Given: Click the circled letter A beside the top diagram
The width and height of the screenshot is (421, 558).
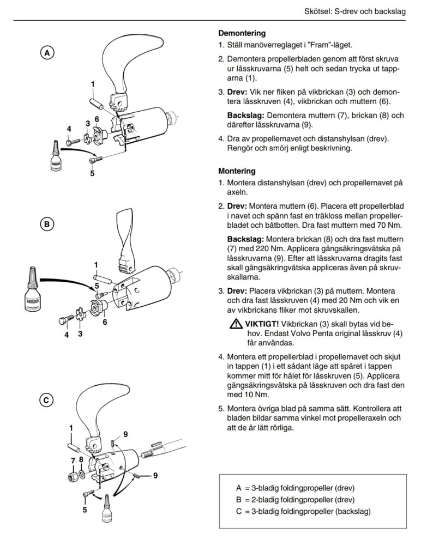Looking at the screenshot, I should pyautogui.click(x=48, y=53).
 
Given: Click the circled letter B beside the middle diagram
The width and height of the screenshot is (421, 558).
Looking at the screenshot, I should pyautogui.click(x=48, y=224).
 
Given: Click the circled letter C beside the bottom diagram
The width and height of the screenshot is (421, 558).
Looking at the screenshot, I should pyautogui.click(x=48, y=401).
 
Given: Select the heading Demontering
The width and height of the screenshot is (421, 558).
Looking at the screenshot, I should pyautogui.click(x=242, y=33).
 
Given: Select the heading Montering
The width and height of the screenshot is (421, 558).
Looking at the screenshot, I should pyautogui.click(x=237, y=171).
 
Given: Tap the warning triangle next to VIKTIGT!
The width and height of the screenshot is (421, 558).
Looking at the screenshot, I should pyautogui.click(x=235, y=325).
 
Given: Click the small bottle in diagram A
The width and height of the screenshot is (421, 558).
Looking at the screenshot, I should pyautogui.click(x=56, y=158).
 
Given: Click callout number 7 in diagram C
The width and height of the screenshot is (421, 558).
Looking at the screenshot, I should pyautogui.click(x=73, y=462).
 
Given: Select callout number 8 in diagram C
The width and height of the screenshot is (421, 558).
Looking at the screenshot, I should pyautogui.click(x=81, y=459).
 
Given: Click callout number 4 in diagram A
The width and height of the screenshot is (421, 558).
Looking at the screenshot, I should pyautogui.click(x=69, y=129).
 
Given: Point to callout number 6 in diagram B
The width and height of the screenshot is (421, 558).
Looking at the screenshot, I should pyautogui.click(x=105, y=322).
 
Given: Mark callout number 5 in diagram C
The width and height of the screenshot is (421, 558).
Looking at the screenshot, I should pyautogui.click(x=85, y=510).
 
